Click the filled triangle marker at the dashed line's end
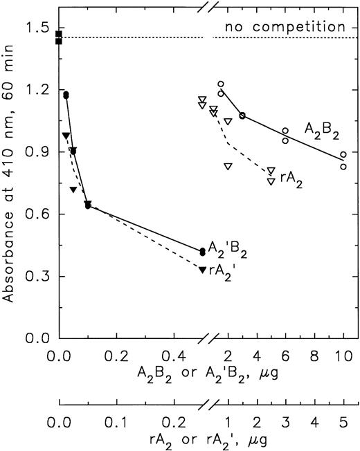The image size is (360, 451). pos(202,269)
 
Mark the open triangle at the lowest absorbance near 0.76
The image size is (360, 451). pos(271,181)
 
